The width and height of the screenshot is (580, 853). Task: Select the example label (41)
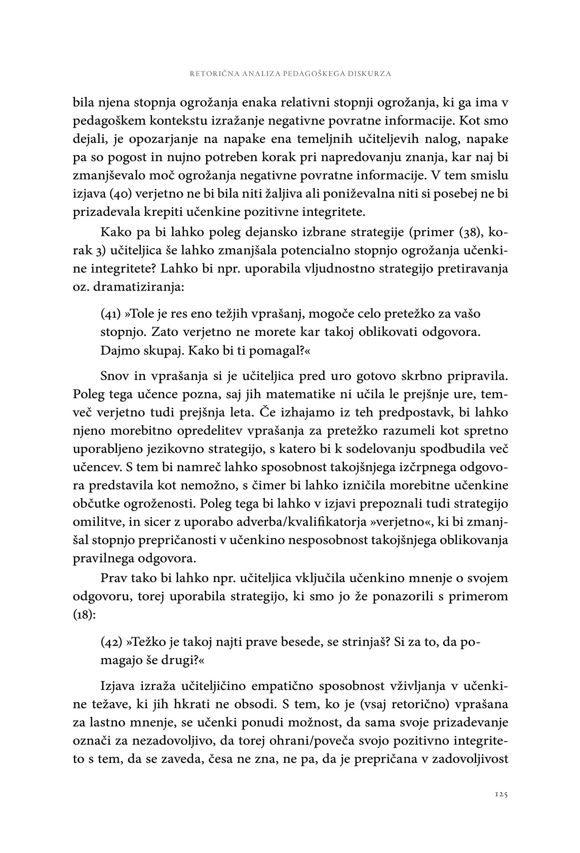[x=111, y=314]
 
